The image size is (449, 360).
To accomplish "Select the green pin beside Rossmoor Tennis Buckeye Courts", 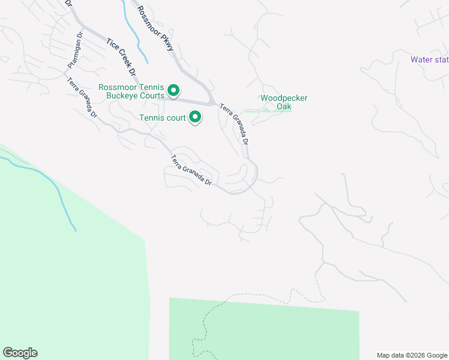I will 173,91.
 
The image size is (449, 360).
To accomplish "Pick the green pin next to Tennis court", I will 194,117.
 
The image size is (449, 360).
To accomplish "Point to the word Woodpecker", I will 284,98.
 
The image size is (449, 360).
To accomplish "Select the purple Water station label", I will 429,59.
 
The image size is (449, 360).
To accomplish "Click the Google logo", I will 20,353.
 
